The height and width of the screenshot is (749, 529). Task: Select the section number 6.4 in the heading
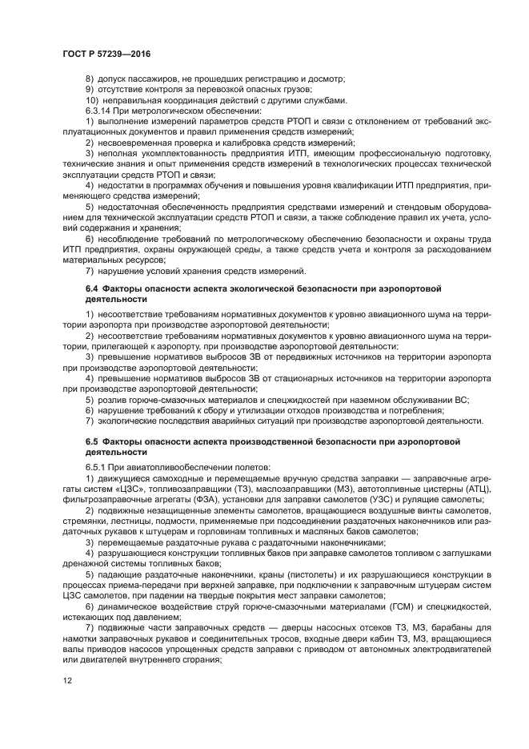tap(92, 287)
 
